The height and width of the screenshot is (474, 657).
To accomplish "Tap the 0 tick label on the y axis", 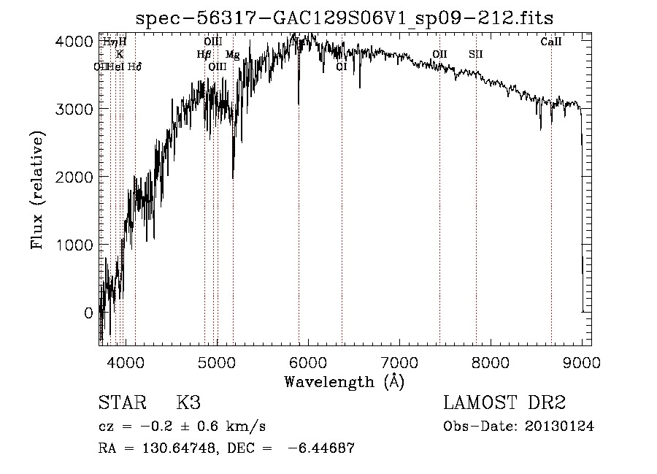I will point(88,313).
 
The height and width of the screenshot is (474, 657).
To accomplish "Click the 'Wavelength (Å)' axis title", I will point(345,381).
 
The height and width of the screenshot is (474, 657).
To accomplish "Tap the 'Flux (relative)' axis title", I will point(37,190).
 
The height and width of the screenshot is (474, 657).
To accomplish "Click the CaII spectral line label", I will point(551,42).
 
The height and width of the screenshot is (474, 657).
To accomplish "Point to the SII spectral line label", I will point(476,54).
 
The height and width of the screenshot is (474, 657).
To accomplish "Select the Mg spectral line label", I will point(232,55).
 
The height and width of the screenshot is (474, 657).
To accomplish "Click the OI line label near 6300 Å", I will point(341,66).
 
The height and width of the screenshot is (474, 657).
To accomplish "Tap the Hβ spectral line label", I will point(204,54).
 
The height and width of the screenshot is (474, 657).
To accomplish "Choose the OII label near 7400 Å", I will point(439,54).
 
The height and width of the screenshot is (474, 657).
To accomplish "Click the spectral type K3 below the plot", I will point(188,403).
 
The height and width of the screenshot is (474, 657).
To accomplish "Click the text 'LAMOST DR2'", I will point(504,403).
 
